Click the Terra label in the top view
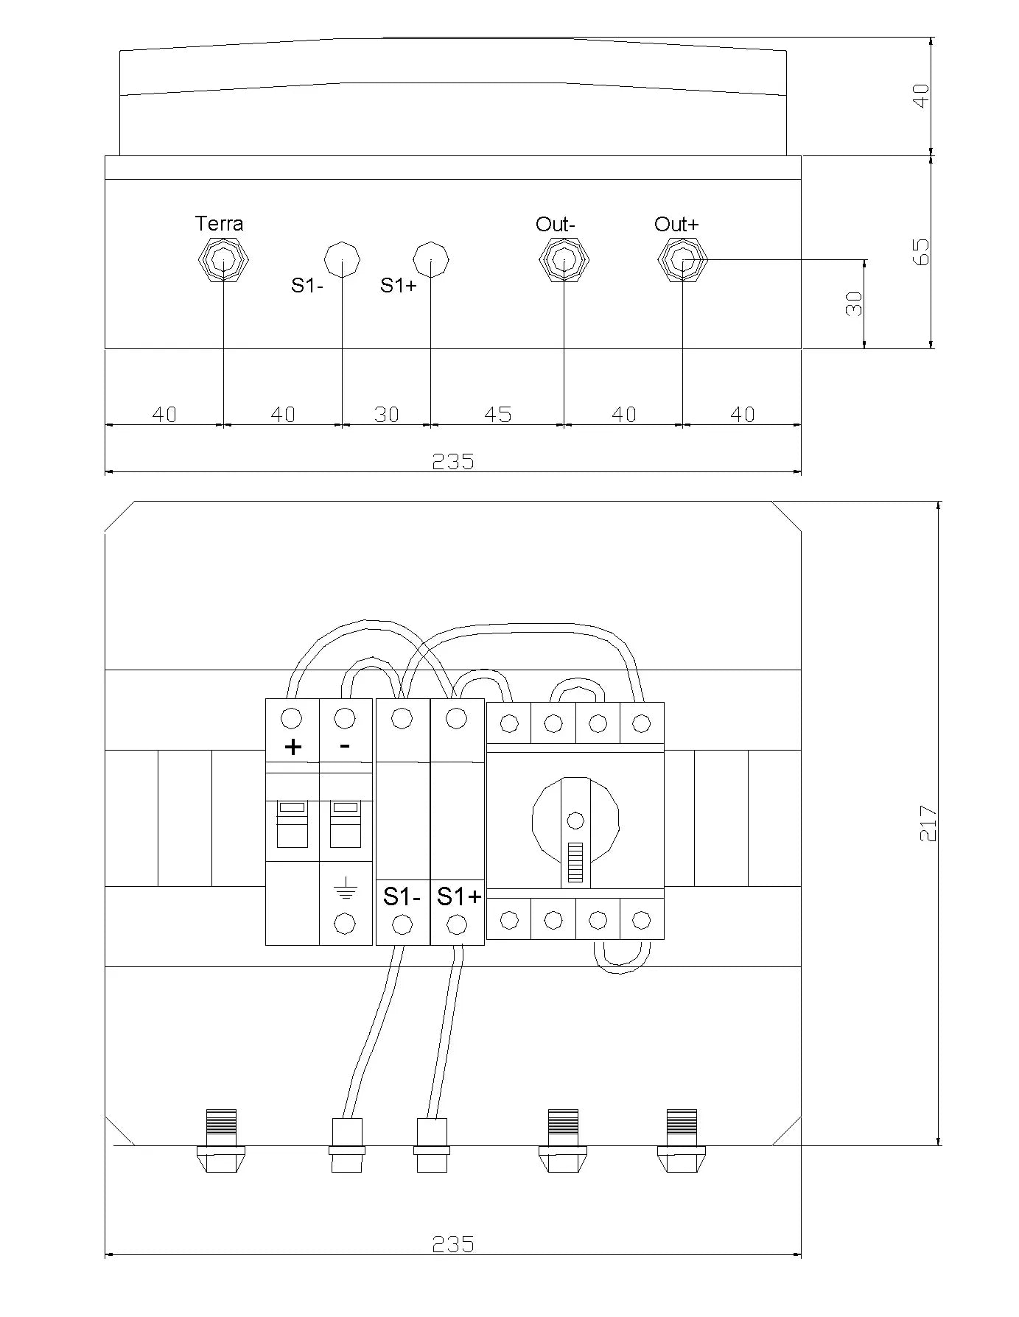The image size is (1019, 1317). tap(219, 223)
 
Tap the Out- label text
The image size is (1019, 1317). tap(556, 224)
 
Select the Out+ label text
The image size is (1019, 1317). tap(676, 224)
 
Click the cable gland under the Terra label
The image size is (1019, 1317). tap(224, 260)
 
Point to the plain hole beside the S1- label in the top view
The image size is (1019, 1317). tap(343, 260)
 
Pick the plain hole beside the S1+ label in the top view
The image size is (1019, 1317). tap(431, 260)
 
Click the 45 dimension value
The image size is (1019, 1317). tap(498, 415)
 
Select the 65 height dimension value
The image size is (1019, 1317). tap(921, 251)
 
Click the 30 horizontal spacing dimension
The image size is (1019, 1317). tap(387, 415)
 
